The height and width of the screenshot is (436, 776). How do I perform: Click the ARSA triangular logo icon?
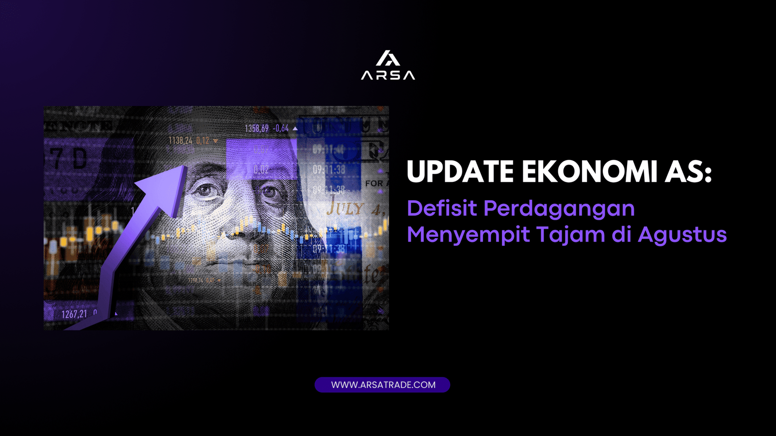388,58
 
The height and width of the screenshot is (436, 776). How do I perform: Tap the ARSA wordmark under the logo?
388,75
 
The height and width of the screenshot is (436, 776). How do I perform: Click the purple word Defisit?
442,209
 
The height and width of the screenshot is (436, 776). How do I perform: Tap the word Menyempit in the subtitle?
468,235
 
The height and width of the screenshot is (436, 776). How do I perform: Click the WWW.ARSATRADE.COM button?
383,385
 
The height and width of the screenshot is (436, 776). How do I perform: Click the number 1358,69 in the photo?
256,129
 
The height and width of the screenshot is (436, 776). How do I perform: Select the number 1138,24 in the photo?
180,141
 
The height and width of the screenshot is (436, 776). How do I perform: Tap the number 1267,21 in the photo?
74,314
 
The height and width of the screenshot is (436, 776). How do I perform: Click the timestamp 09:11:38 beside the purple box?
329,170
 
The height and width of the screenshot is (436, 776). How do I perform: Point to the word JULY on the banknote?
345,209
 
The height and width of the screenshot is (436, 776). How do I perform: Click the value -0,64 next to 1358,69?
281,129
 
